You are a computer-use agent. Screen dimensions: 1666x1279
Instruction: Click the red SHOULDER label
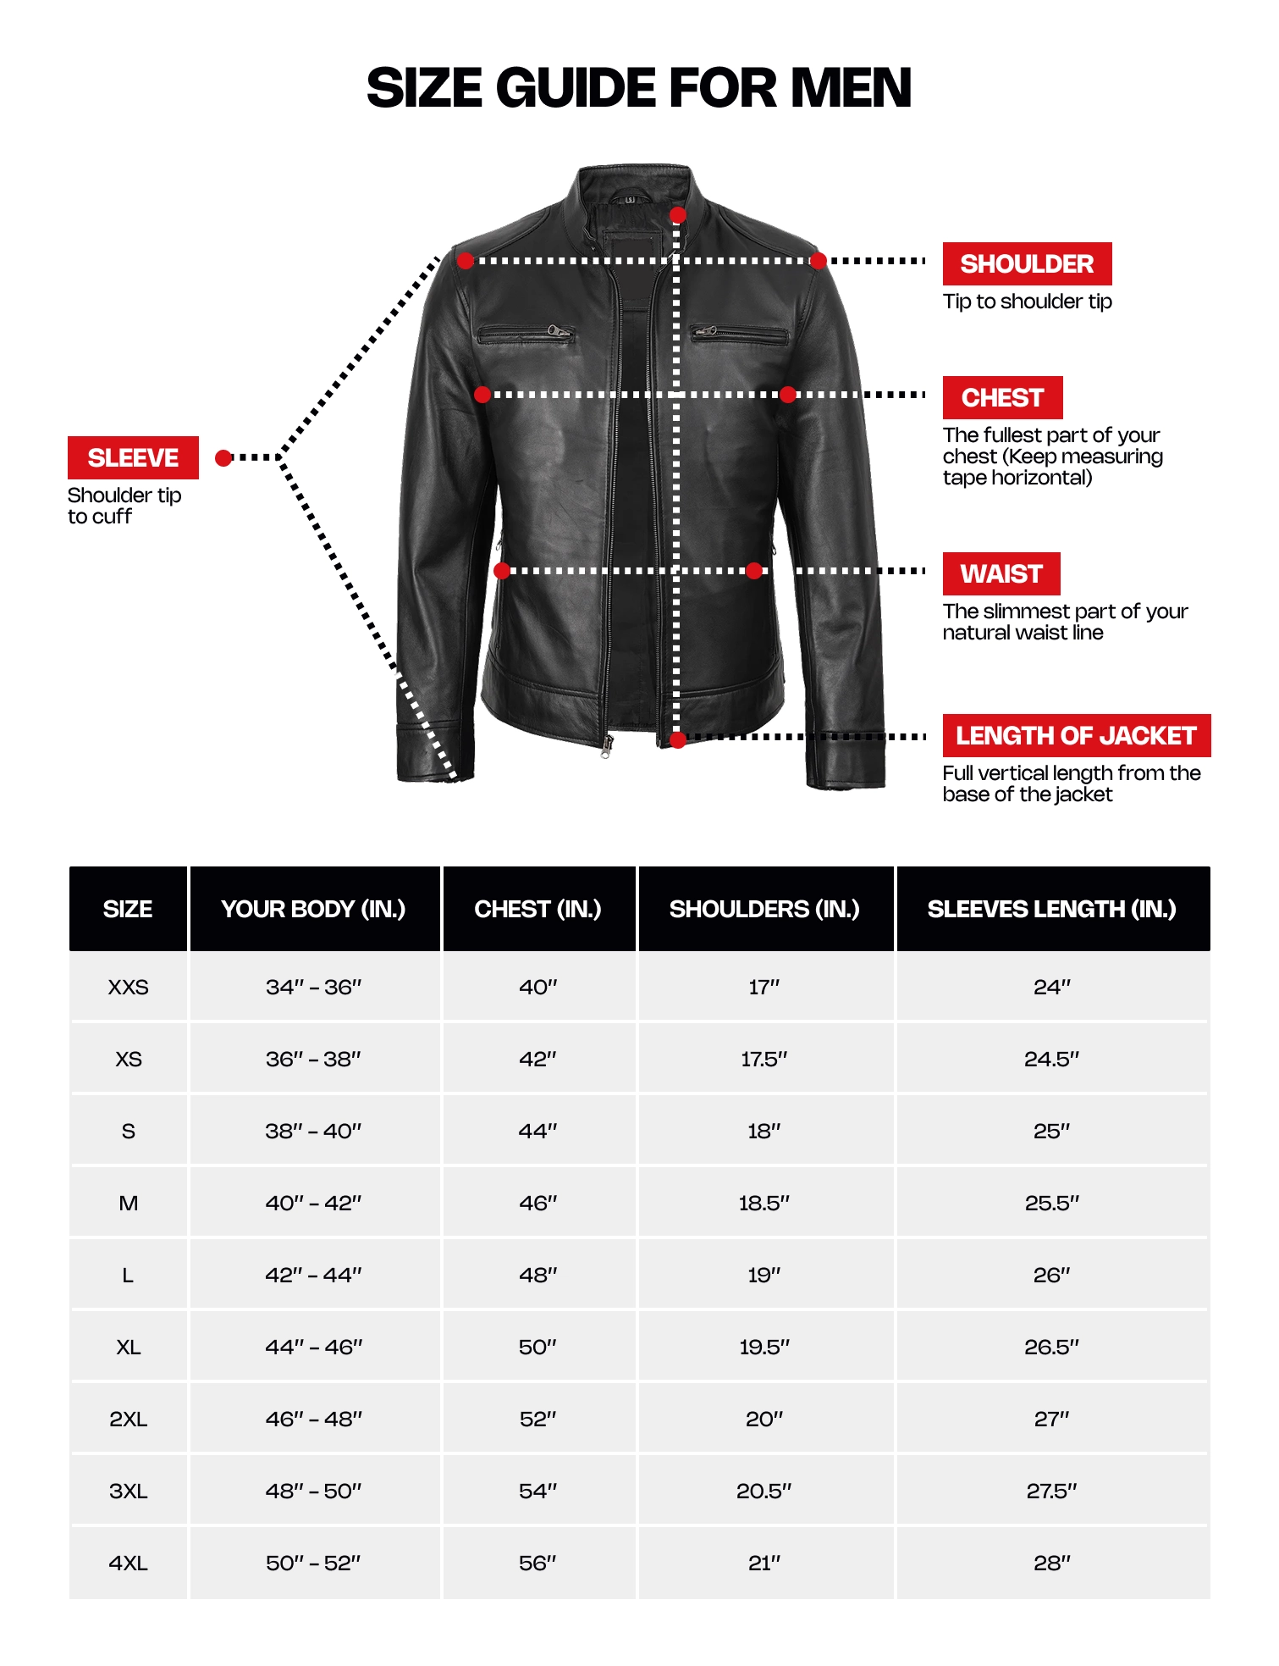click(x=1026, y=263)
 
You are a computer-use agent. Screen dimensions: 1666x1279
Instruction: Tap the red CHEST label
click(x=1001, y=397)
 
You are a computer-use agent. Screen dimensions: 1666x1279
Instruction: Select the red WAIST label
click(x=1001, y=573)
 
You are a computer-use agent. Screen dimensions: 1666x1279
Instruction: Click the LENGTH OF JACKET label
click(x=1076, y=735)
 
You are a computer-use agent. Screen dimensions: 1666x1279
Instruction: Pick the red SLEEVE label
click(x=133, y=457)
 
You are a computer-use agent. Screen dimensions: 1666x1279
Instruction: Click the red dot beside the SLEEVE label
click(x=223, y=458)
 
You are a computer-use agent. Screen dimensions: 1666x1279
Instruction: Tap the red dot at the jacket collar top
click(x=677, y=215)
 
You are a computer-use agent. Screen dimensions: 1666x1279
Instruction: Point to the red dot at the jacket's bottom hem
click(x=677, y=740)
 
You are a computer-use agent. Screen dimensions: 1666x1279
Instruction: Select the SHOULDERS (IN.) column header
click(x=764, y=909)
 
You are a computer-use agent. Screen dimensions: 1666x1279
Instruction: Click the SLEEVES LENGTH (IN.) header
click(x=1051, y=909)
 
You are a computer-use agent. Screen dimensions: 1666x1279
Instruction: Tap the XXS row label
click(x=129, y=987)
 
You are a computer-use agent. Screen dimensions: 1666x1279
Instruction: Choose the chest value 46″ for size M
click(x=538, y=1203)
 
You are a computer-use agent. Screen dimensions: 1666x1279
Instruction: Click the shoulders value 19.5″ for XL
click(x=764, y=1347)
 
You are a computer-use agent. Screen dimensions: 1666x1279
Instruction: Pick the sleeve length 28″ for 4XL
click(x=1051, y=1563)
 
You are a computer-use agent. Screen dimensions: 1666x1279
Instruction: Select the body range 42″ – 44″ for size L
click(x=313, y=1275)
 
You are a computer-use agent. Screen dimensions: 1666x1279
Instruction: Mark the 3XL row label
click(x=129, y=1491)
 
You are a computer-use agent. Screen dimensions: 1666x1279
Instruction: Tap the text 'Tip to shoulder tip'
click(x=1027, y=302)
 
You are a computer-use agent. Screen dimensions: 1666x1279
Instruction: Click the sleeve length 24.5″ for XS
click(x=1051, y=1059)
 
